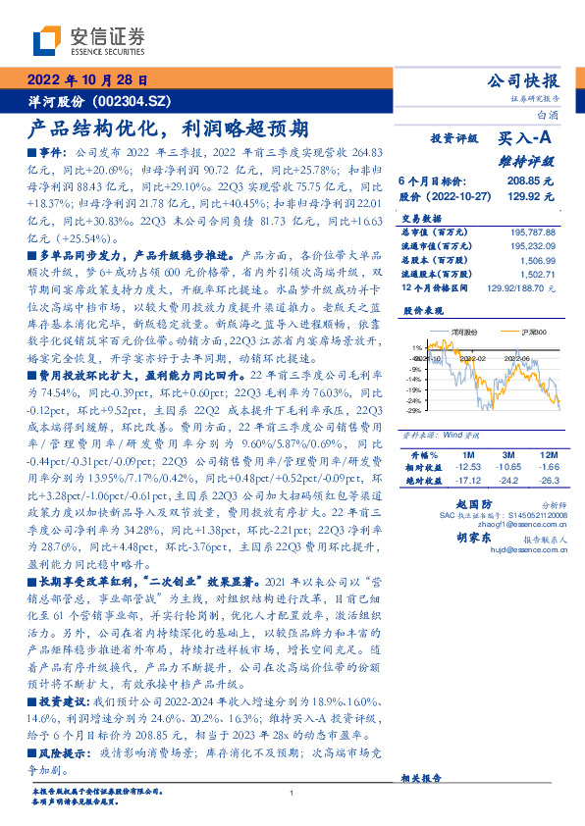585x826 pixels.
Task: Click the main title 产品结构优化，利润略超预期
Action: [x=168, y=129]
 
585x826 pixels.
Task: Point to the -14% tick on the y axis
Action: [x=416, y=379]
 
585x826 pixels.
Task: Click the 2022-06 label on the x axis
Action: [x=512, y=360]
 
